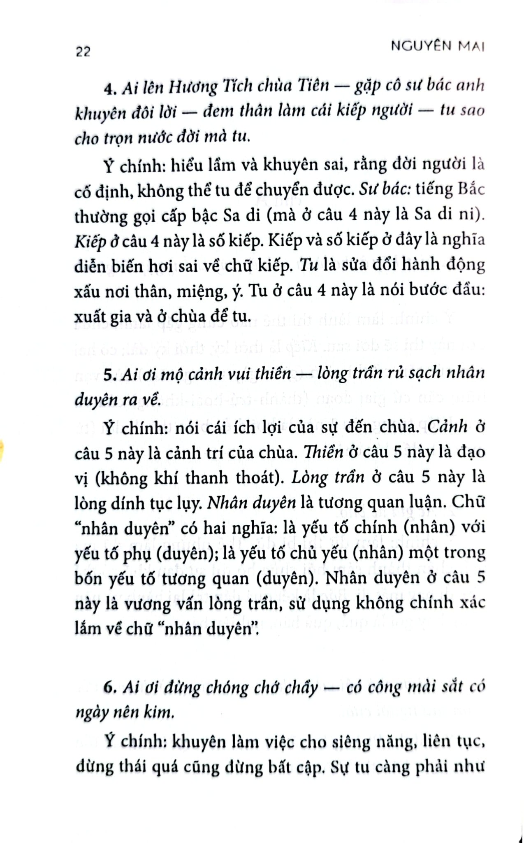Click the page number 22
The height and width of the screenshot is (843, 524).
point(83,52)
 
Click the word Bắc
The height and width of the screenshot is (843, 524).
point(471,189)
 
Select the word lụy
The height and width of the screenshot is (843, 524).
point(188,503)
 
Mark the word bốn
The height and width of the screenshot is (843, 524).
point(88,579)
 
